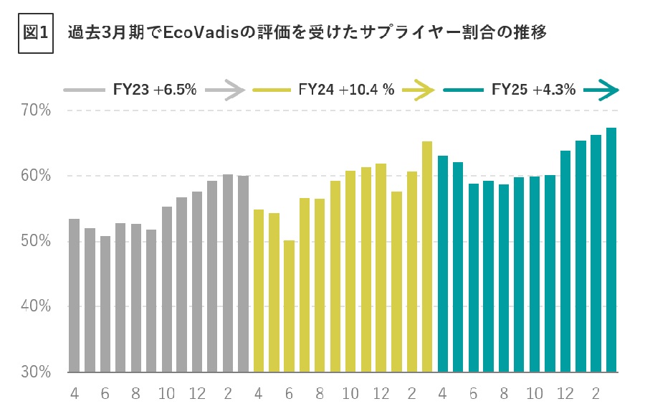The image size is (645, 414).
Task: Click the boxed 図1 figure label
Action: [x=35, y=34]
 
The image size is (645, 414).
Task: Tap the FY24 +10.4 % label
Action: [x=346, y=90]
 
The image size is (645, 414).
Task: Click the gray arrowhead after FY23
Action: [x=236, y=90]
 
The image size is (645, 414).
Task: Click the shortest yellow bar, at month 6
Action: [x=289, y=306]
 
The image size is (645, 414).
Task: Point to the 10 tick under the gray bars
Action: [x=166, y=393]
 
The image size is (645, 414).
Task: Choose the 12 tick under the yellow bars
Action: [x=381, y=393]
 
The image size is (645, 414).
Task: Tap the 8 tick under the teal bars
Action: [x=504, y=393]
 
